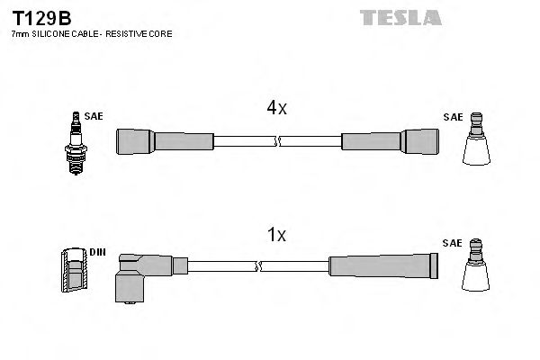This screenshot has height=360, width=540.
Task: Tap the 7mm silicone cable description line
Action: click(x=91, y=33)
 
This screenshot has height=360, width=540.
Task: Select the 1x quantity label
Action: click(x=276, y=235)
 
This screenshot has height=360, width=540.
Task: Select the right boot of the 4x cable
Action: click(x=391, y=141)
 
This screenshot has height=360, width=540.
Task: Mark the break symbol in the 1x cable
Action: click(x=259, y=266)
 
